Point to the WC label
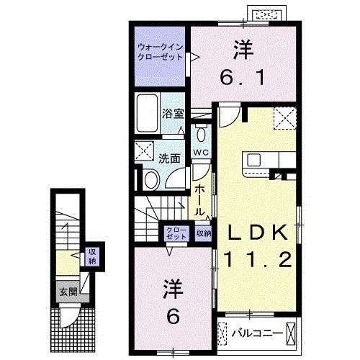pos(201,153)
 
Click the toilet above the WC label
pos(201,134)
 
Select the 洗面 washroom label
pos(170,158)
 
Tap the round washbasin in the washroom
pos(152,180)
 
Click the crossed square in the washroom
pos(143,151)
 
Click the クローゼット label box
pos(174,233)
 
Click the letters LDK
pos(261,232)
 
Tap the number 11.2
pos(261,258)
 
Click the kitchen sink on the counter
pos(256,160)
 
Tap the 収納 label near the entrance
pos(91,256)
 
